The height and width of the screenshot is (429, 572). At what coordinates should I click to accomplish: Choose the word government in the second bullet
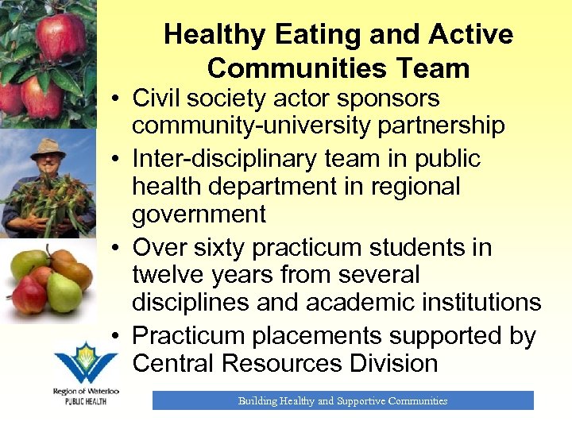pos(199,214)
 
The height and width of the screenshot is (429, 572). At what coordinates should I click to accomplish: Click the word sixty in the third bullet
pos(222,248)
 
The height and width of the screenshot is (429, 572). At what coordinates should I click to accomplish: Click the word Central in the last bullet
pos(174,363)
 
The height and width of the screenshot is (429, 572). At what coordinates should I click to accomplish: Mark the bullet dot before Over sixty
pos(116,249)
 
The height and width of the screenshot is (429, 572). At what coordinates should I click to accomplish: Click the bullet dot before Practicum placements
pos(116,337)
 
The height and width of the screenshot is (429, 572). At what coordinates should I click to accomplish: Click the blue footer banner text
pos(342,401)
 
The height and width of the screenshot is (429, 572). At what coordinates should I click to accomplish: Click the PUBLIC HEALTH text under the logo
pos(86,401)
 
